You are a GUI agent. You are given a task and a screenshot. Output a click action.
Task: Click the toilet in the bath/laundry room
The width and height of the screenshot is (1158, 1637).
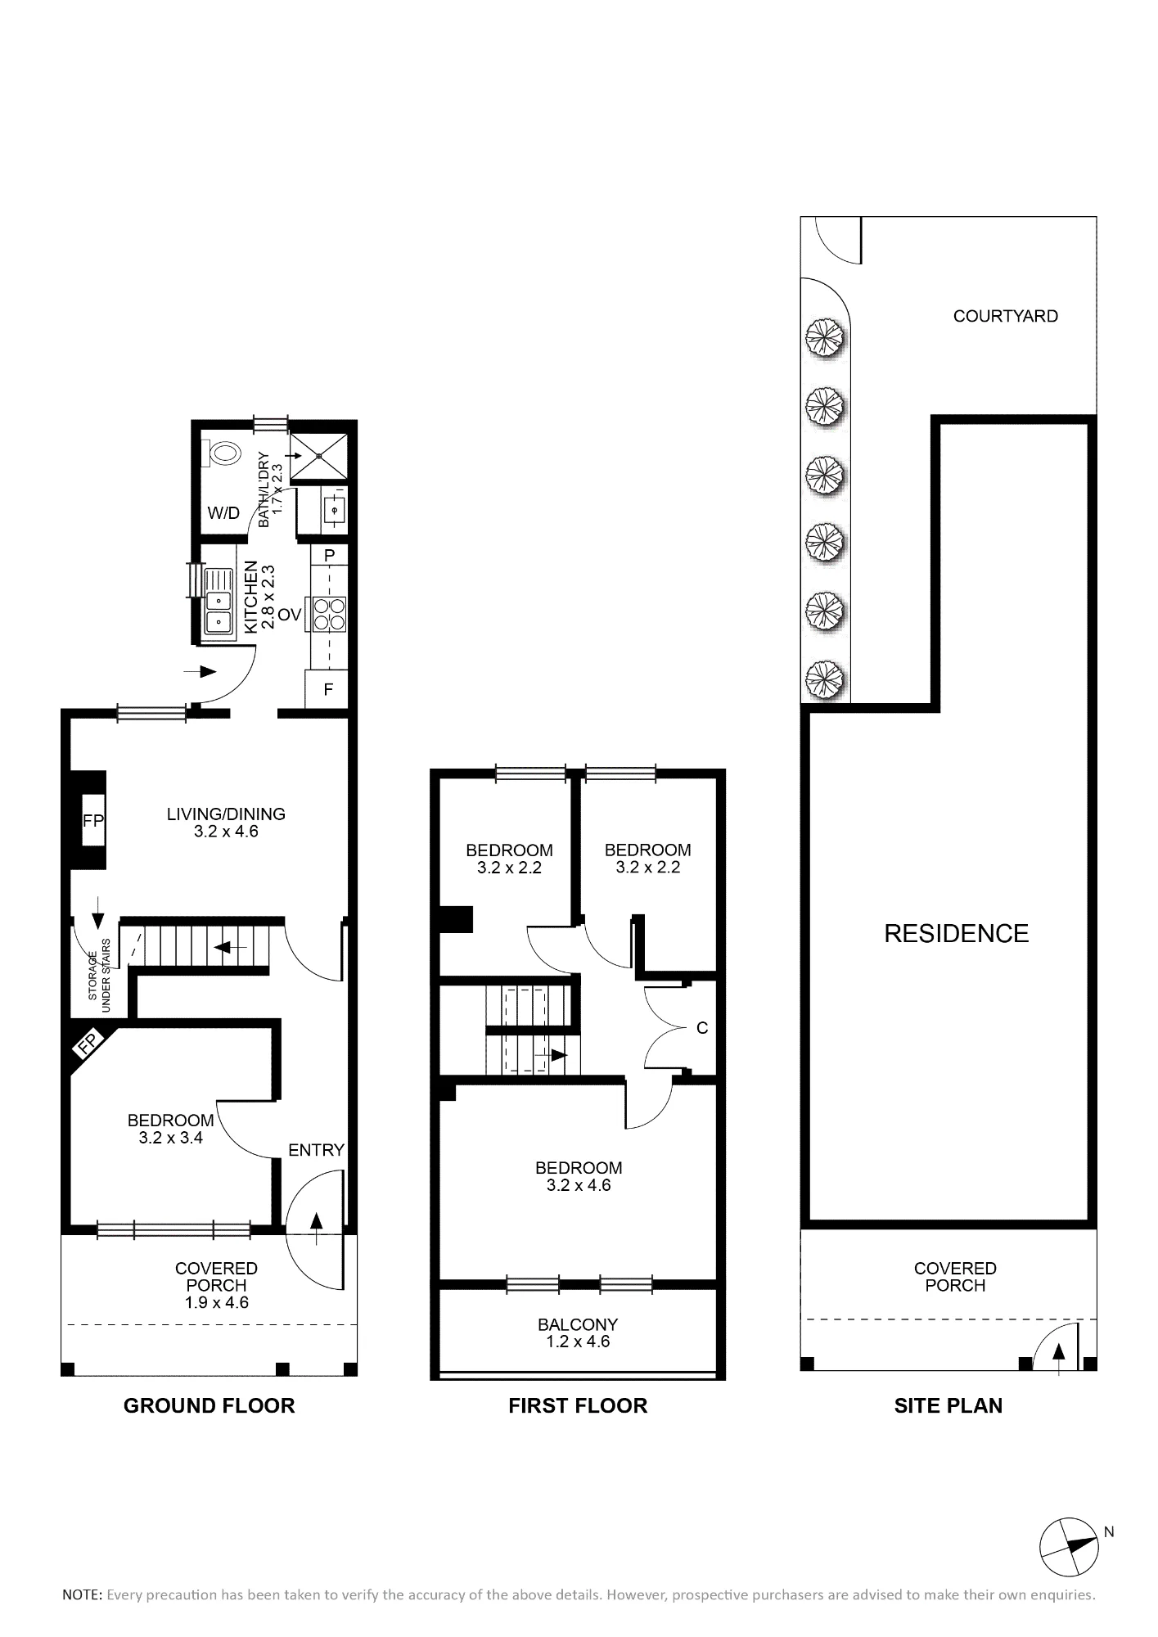[x=223, y=452]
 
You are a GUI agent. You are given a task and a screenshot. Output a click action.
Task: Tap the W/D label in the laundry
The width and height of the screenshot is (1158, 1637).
[x=223, y=513]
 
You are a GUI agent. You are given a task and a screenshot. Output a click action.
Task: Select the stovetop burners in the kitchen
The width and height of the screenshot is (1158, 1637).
[x=330, y=614]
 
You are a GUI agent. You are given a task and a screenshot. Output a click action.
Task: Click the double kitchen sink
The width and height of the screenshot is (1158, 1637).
[x=219, y=601]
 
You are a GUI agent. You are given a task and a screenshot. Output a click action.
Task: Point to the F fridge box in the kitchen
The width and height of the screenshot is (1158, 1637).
[x=327, y=689]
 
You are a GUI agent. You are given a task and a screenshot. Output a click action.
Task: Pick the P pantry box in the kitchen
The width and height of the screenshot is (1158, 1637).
[x=329, y=555]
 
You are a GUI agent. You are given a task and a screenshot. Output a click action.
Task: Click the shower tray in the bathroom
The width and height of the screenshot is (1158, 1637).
[x=319, y=456]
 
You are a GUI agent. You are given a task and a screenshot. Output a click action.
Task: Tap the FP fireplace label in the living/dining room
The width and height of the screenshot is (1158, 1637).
[x=93, y=820]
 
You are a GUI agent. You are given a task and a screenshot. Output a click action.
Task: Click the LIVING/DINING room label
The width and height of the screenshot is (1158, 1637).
[x=226, y=814]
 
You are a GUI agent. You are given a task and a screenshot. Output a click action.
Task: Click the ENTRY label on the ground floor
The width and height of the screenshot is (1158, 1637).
[x=316, y=1150]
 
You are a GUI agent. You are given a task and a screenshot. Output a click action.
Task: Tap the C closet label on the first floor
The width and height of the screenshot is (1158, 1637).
[x=701, y=1028]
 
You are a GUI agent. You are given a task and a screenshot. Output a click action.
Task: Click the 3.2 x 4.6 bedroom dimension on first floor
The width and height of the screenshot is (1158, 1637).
[x=579, y=1185]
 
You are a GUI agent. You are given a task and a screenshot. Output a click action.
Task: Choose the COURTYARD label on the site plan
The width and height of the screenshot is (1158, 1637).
[x=1005, y=316]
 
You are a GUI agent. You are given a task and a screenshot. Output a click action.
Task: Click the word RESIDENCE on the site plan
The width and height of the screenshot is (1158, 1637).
[x=956, y=933]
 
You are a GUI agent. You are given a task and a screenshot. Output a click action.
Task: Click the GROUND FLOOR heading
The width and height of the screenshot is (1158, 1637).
[x=209, y=1405]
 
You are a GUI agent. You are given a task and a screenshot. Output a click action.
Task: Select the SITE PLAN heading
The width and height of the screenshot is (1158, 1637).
[x=948, y=1405]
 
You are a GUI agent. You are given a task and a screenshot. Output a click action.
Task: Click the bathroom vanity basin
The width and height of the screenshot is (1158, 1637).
[x=334, y=510]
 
